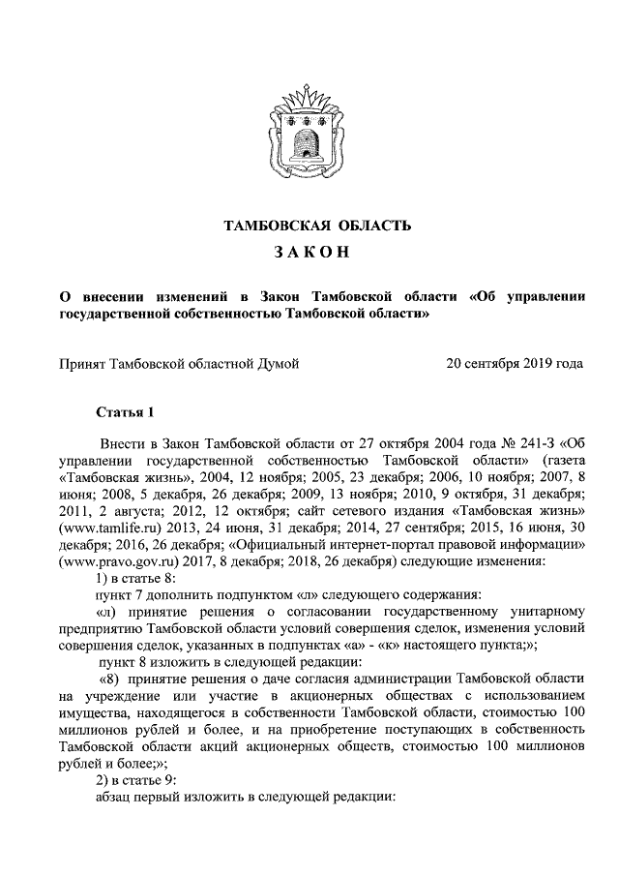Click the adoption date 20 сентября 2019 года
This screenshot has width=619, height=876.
(x=514, y=365)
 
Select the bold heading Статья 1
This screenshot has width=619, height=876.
(x=126, y=414)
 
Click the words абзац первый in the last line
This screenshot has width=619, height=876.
(x=142, y=800)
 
